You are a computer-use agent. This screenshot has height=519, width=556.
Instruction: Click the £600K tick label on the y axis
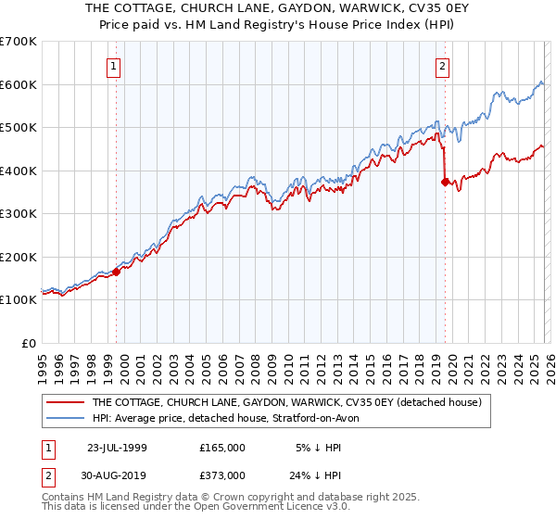(x=19, y=84)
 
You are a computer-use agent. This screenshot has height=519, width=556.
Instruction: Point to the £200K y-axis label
(x=19, y=257)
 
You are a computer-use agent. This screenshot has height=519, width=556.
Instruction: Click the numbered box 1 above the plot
(x=113, y=66)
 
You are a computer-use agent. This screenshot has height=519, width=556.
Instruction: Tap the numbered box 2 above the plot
(x=442, y=66)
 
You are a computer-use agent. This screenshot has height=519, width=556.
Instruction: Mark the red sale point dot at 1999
(x=117, y=272)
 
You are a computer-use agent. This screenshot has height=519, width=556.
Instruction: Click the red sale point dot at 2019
(x=446, y=183)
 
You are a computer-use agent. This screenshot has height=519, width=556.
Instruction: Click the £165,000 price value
(x=222, y=447)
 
